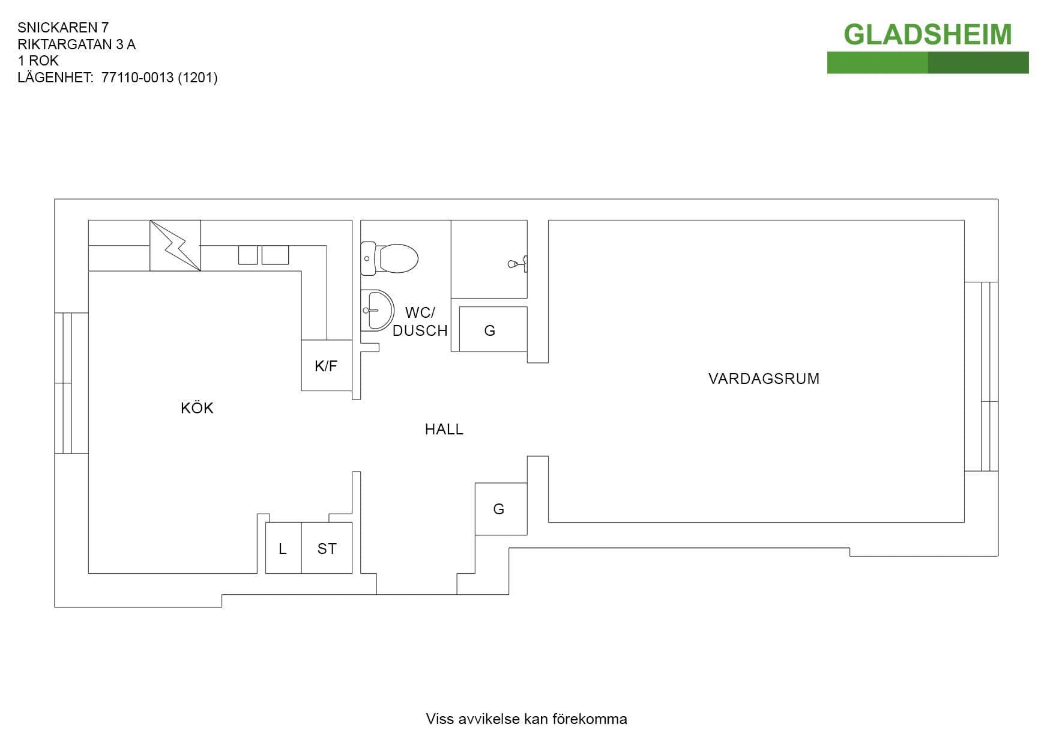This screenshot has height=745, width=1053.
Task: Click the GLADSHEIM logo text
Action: [928, 34]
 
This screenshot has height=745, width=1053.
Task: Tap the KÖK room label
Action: [197, 408]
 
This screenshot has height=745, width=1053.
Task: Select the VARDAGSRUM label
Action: [764, 379]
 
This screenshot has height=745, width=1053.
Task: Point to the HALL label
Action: [444, 429]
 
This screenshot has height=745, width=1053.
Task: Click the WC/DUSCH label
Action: [420, 321]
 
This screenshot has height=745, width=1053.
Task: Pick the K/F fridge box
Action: [327, 365]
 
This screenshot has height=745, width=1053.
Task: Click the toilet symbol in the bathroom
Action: [390, 258]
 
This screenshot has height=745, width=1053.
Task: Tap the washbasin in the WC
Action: [377, 310]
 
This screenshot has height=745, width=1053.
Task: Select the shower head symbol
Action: [517, 263]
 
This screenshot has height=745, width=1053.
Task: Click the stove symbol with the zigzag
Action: [175, 245]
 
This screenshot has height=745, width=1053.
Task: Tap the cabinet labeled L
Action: [283, 548]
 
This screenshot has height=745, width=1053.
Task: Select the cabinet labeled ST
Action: [327, 548]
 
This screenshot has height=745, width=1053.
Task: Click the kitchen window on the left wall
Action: [71, 383]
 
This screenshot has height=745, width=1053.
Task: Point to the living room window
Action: [982, 377]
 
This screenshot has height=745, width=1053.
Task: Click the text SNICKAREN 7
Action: [63, 28]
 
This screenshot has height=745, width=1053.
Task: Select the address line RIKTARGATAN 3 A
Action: [77, 44]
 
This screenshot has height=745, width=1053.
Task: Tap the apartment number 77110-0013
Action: [137, 78]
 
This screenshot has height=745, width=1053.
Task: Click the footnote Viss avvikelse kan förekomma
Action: [526, 719]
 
